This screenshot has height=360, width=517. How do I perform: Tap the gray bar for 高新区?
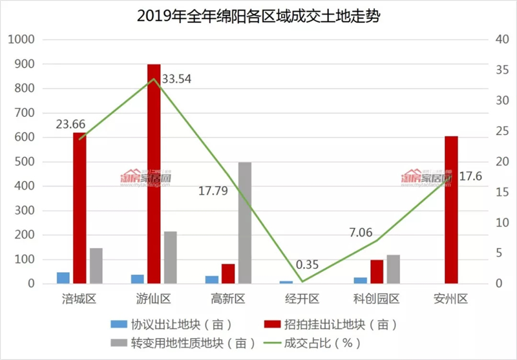(x=244, y=222)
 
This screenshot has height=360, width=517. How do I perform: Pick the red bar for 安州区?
(x=451, y=210)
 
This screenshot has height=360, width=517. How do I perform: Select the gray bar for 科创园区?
(x=394, y=269)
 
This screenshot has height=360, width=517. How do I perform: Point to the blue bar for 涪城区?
(x=63, y=278)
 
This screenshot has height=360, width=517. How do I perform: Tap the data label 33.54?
(x=176, y=79)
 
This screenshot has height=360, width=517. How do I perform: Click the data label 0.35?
(x=308, y=265)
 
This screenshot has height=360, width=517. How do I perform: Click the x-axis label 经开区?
(x=302, y=299)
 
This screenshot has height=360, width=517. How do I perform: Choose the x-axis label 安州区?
(x=451, y=299)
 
